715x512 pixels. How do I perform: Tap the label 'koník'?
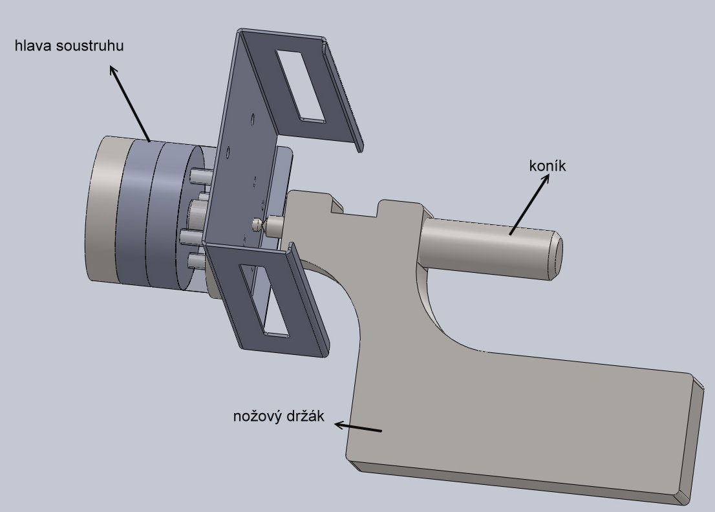(x=547, y=166)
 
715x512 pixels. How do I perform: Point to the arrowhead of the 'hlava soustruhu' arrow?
(x=112, y=68)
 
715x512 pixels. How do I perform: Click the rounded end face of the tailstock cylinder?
(x=556, y=253)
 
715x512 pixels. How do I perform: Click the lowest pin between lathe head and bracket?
(x=196, y=261)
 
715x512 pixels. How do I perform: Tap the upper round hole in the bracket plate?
(x=251, y=118)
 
